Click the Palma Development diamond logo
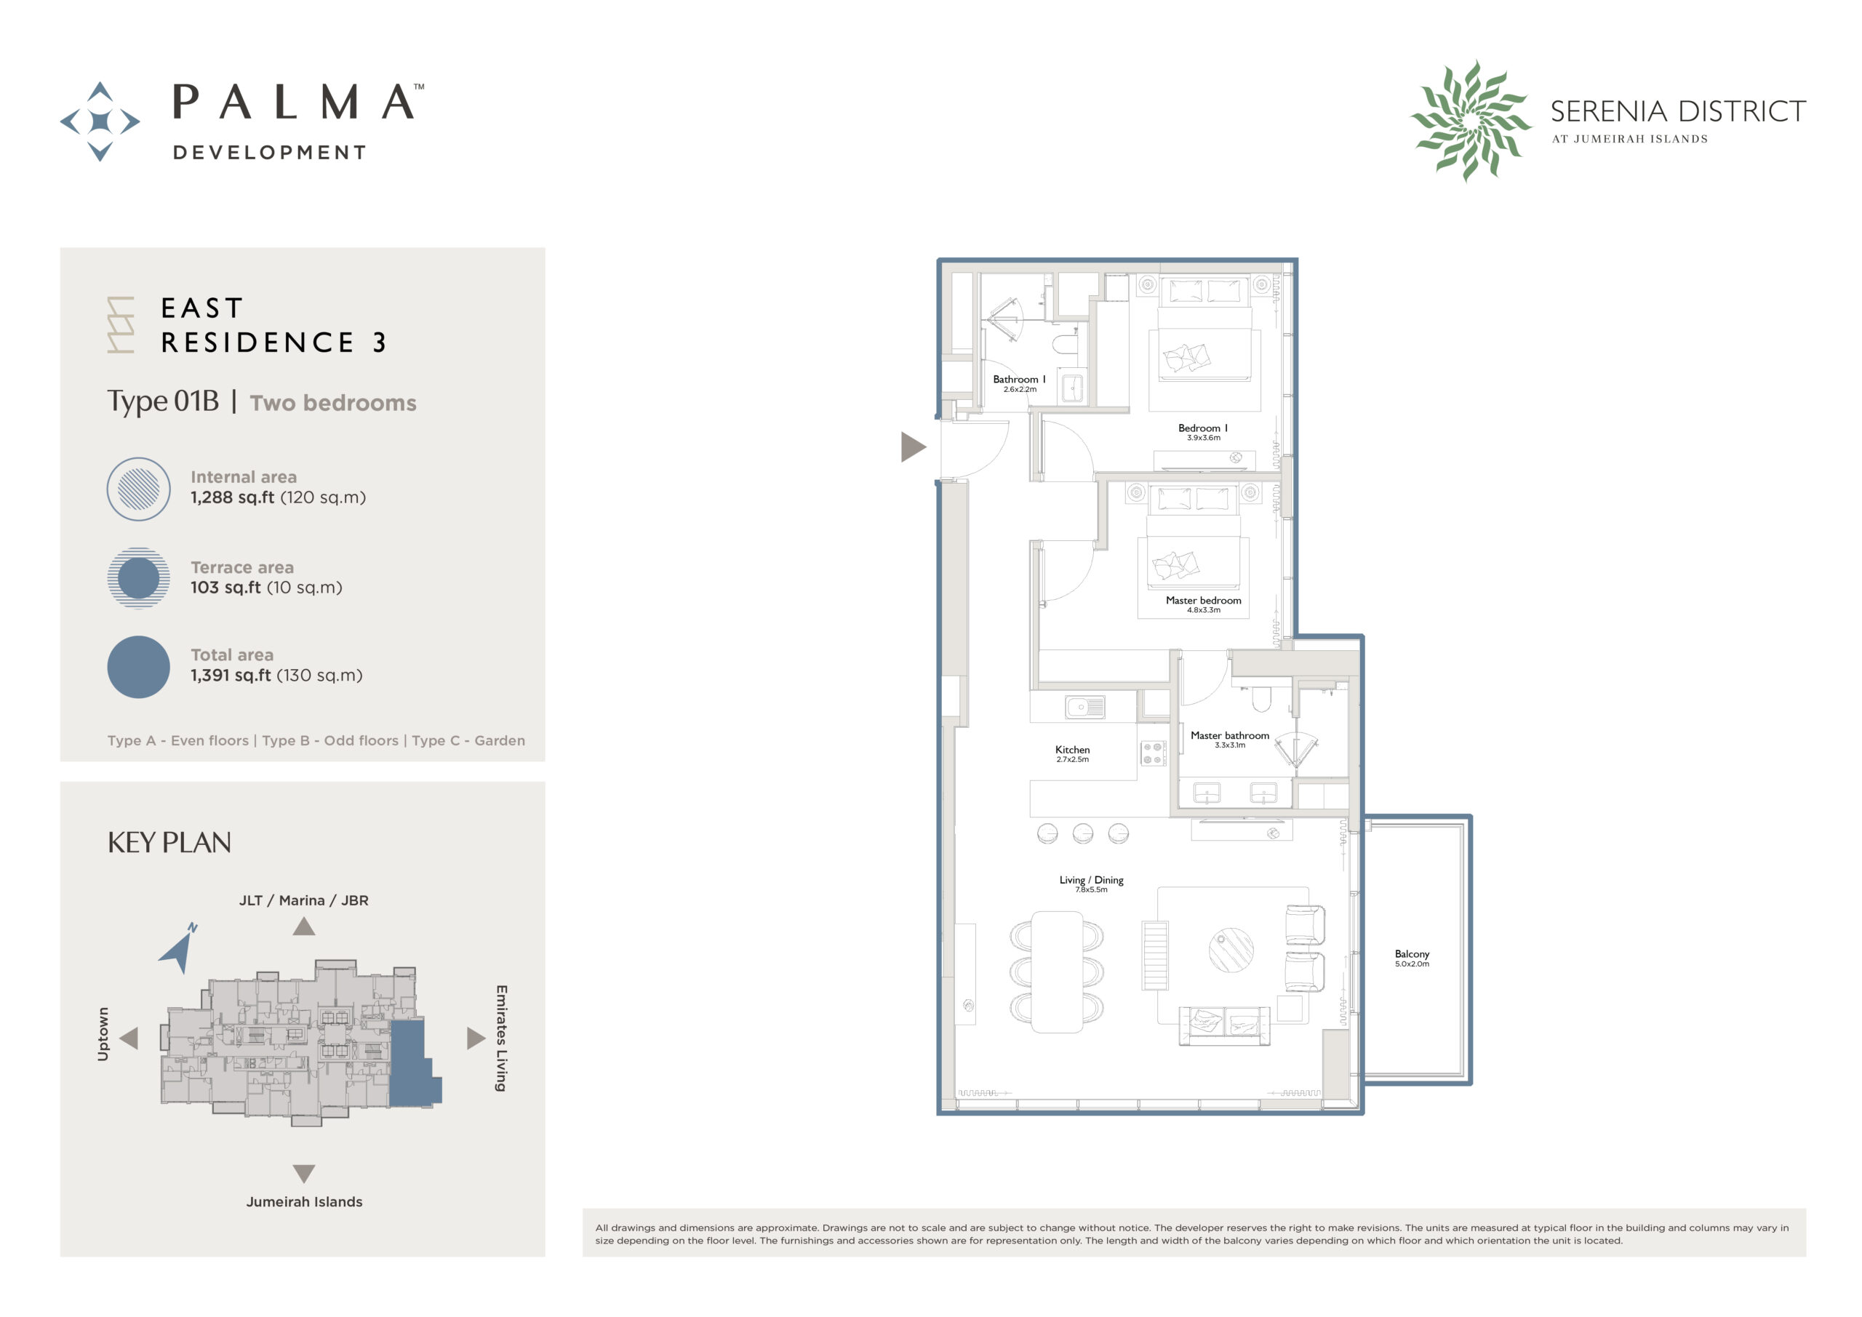(x=100, y=121)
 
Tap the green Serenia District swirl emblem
(x=1470, y=121)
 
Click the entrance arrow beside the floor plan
(x=911, y=447)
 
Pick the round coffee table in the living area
(x=1231, y=950)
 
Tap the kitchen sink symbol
(x=1085, y=707)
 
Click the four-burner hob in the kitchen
(x=1152, y=753)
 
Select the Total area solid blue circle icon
(x=139, y=668)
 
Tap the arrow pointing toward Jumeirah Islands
(x=304, y=1174)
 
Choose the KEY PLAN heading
(x=169, y=844)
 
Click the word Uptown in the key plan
(x=103, y=1034)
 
